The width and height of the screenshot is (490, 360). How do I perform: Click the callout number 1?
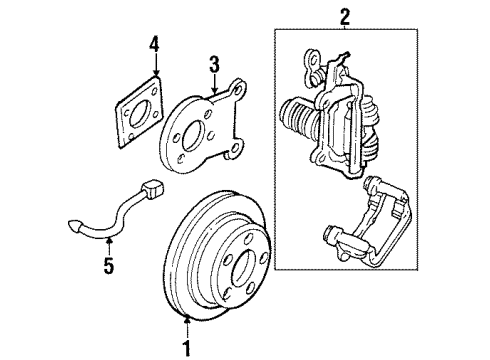pyautogui.click(x=185, y=348)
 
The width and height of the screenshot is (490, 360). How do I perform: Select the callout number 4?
pyautogui.click(x=154, y=44)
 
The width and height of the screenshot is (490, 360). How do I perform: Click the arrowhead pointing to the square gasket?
pyautogui.click(x=155, y=76)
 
